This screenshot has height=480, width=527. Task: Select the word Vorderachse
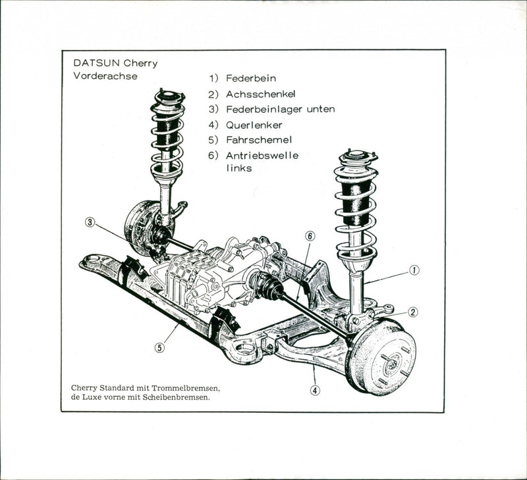point(105,76)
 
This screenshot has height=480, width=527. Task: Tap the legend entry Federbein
point(251,78)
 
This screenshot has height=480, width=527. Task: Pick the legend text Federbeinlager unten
point(280,109)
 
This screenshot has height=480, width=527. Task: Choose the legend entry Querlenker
point(254,125)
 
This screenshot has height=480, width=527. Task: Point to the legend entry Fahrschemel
point(259,140)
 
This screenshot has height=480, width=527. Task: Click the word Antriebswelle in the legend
point(262,156)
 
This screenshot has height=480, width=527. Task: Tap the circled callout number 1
point(414,269)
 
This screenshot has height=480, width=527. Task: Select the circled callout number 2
point(413,312)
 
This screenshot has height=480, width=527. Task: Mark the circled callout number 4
point(316,389)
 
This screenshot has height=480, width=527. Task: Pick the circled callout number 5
point(159,347)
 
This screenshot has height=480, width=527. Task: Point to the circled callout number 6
point(310,235)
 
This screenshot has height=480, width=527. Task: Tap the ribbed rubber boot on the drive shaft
point(267,287)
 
